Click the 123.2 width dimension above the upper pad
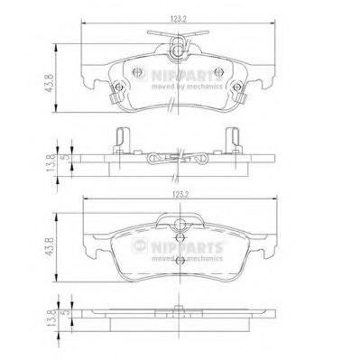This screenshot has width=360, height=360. (x=180, y=20)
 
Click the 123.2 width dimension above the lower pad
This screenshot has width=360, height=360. (x=180, y=194)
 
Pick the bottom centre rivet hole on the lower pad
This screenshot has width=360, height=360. (x=181, y=261)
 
